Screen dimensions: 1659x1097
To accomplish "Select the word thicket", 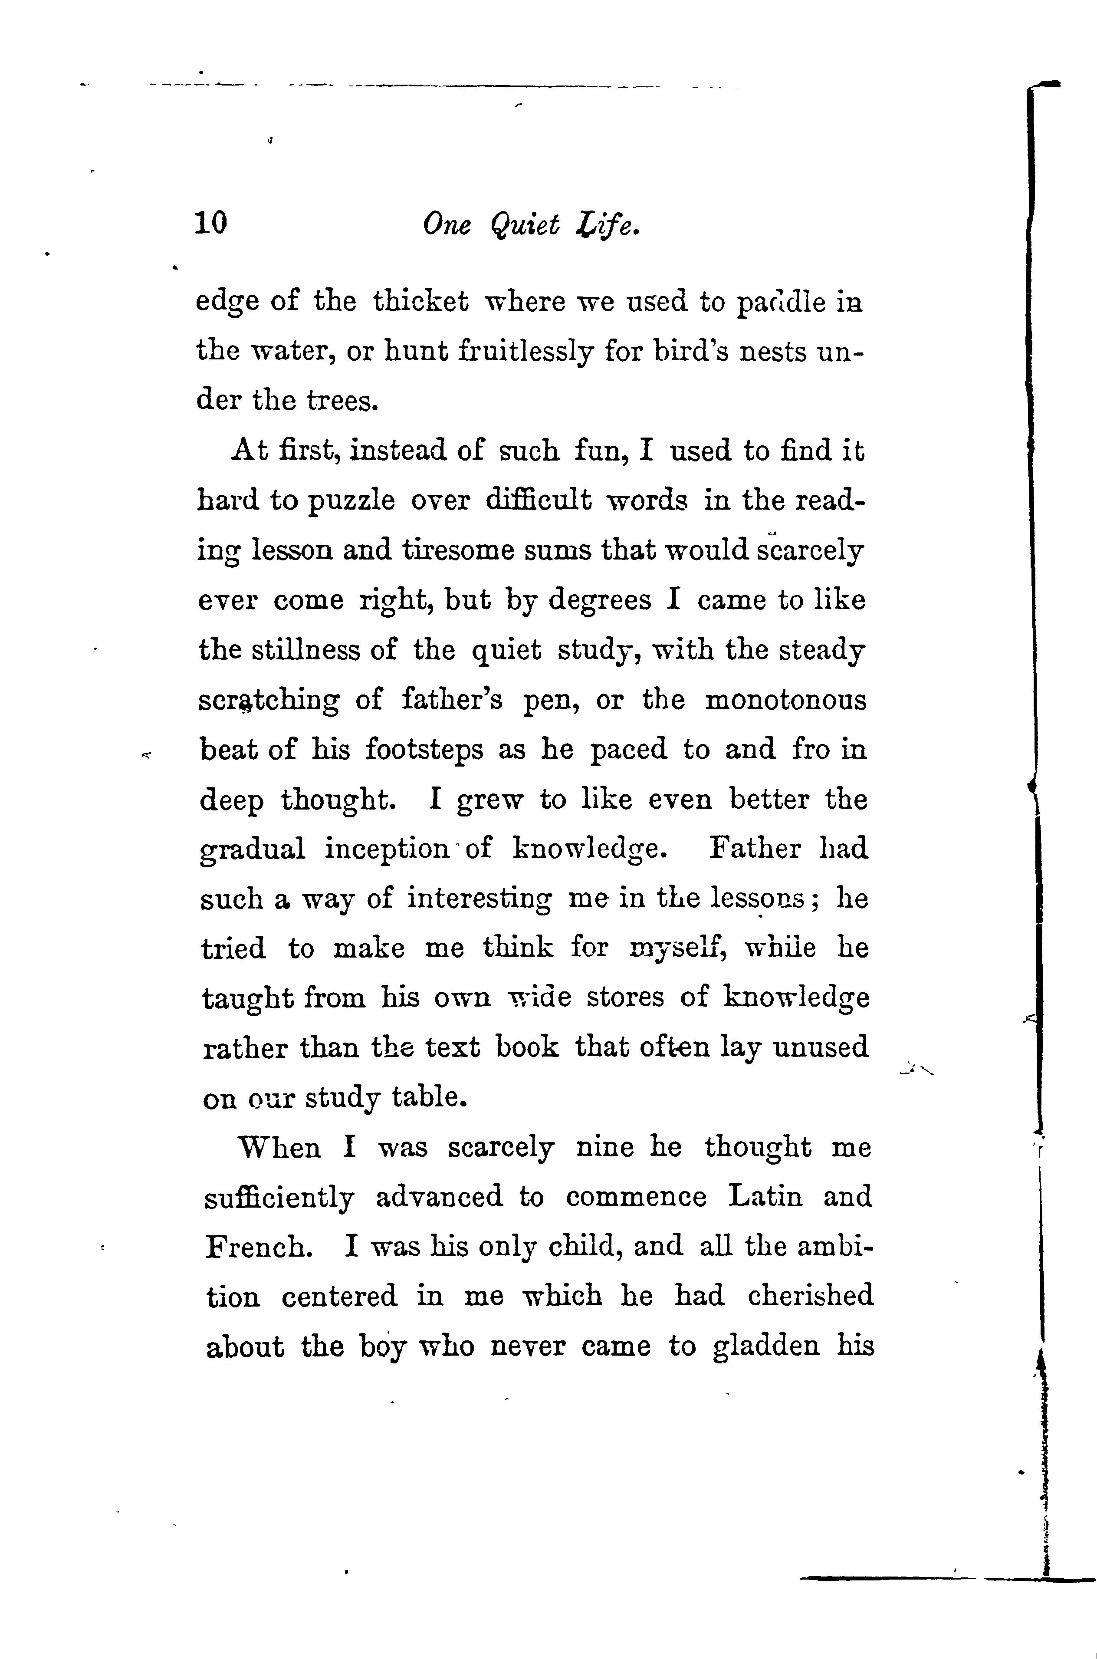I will tap(420, 302).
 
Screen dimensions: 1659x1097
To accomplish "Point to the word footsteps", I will tap(424, 750).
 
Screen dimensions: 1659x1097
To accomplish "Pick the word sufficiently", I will tap(279, 1198).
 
